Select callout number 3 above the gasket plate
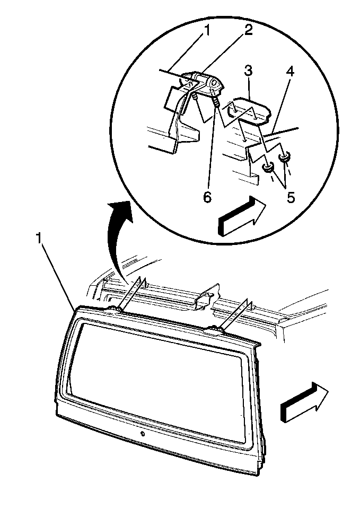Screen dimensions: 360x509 coord(248,71)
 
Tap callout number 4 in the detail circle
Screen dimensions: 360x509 coord(290,72)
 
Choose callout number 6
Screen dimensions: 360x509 coord(207,197)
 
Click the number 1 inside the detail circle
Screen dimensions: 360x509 coord(206,31)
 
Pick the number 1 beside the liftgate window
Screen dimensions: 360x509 coord(39,239)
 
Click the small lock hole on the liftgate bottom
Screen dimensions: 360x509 coord(142,434)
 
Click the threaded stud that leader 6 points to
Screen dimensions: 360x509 coord(216,103)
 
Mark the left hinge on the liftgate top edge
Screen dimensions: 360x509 coord(113,309)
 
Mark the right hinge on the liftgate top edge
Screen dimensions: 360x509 coord(215,329)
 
